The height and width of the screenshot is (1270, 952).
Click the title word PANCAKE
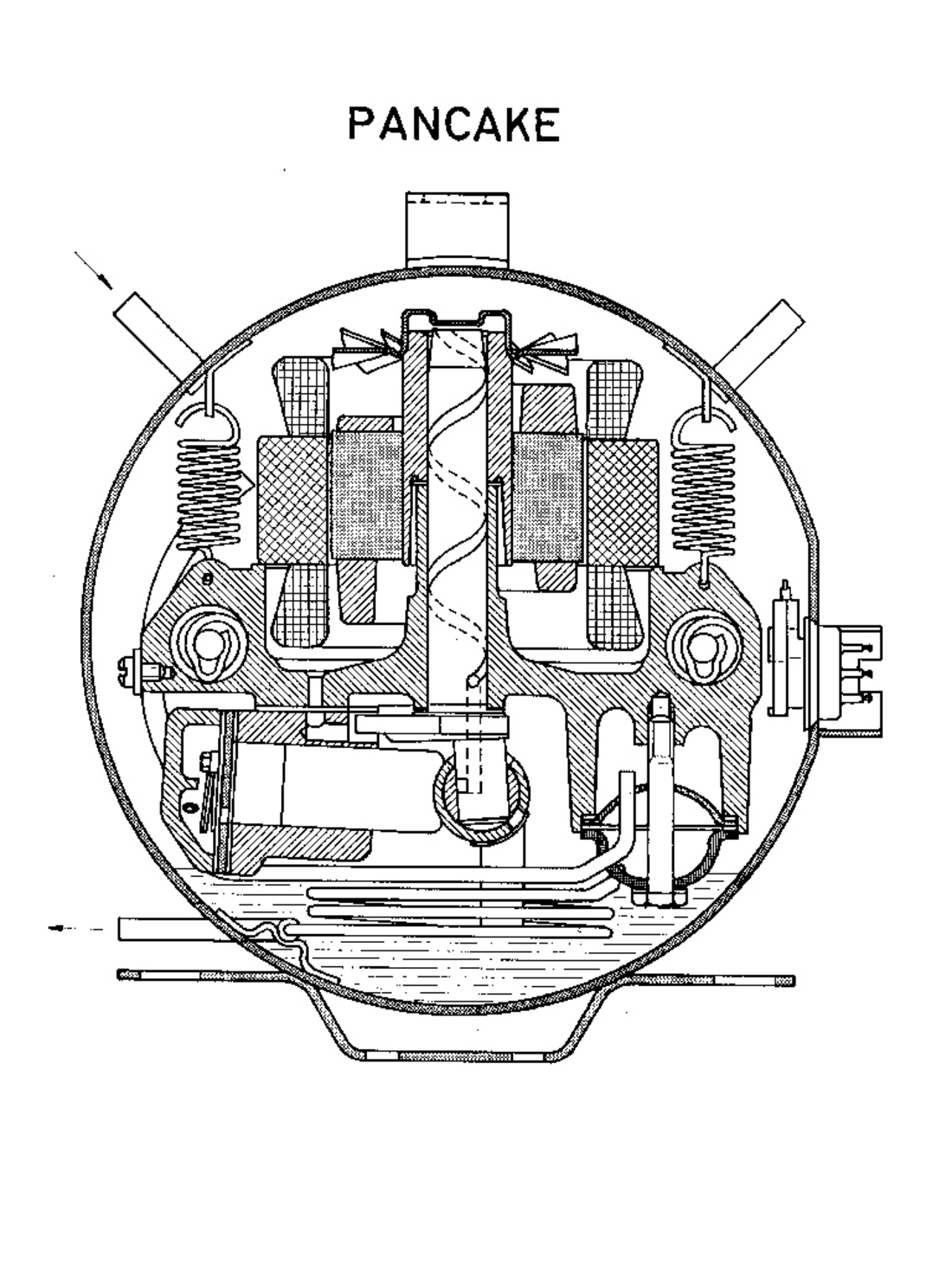454,125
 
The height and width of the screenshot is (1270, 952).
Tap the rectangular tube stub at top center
457,230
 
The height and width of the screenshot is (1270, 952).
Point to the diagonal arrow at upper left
93,269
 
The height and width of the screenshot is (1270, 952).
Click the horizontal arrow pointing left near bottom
76,929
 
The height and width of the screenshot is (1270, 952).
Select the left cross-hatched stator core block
293,500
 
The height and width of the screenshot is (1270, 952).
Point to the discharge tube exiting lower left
173,928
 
